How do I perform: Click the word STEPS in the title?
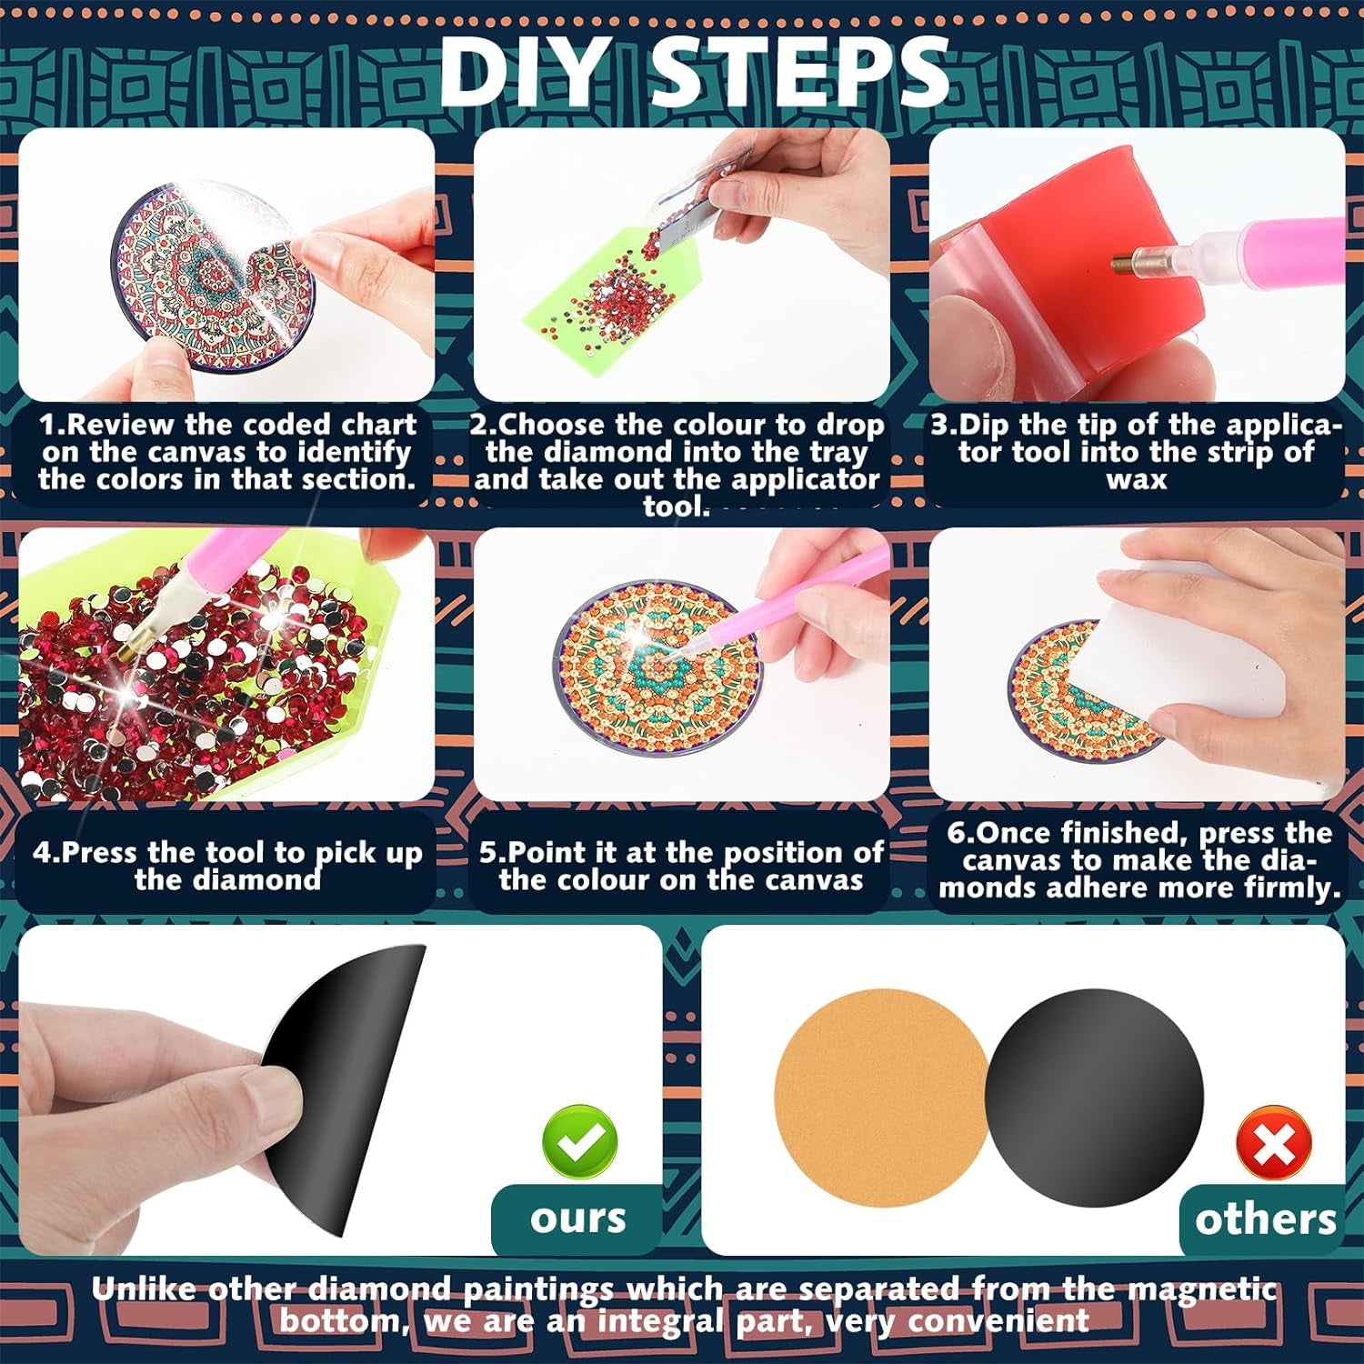point(800,71)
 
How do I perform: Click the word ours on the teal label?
point(578,1218)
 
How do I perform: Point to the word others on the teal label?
point(1265,1219)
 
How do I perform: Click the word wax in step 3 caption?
point(1137,480)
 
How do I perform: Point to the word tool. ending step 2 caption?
point(677,506)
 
